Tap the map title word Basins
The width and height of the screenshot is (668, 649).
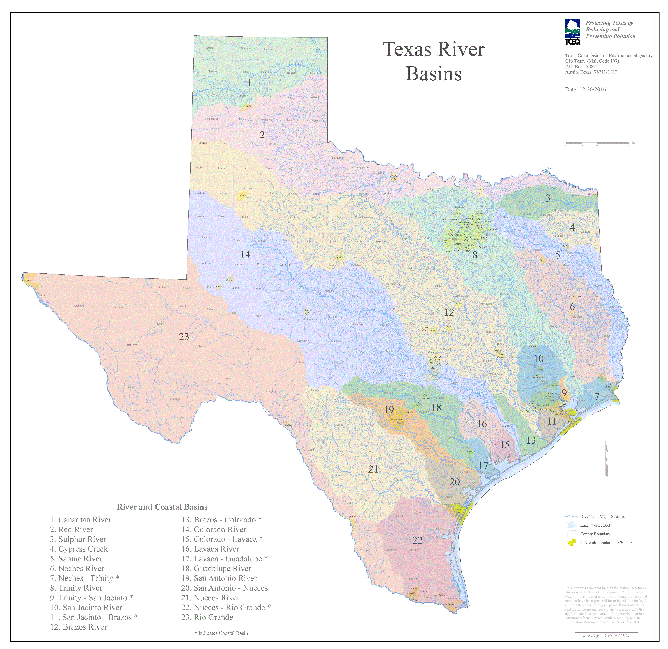coord(434,74)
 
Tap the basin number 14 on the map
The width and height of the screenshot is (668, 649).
coord(245,254)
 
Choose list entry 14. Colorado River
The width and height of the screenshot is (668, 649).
coord(214,530)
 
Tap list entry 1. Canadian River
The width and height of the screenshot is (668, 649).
coord(81,520)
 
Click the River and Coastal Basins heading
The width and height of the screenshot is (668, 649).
coord(162,507)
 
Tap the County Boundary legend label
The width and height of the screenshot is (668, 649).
coord(595,534)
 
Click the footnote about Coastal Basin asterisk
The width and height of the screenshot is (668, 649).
coord(221,633)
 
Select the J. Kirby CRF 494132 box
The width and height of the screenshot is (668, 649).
coord(606,635)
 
